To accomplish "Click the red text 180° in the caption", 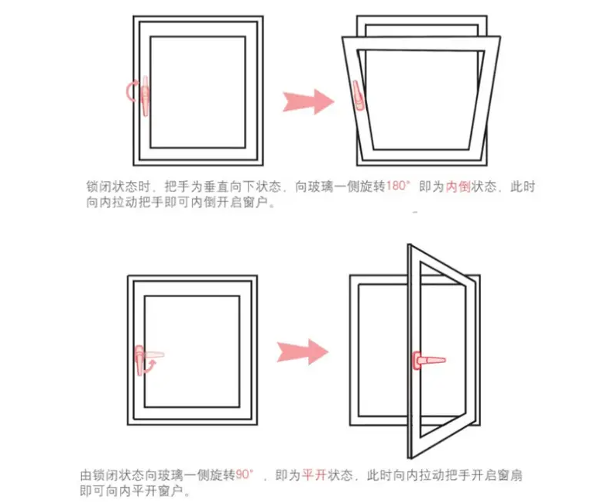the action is [x=397, y=187].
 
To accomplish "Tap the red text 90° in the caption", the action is [x=245, y=474].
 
